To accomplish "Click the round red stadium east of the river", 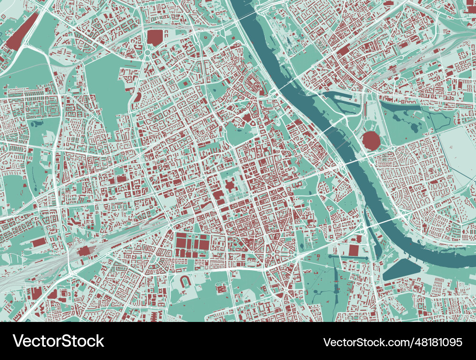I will (x=370, y=141).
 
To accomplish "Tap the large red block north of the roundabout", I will (x=154, y=37).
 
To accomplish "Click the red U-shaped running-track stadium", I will (x=184, y=282).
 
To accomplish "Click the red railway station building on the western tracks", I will (x=85, y=251).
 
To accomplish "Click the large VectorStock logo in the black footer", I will (x=58, y=341).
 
